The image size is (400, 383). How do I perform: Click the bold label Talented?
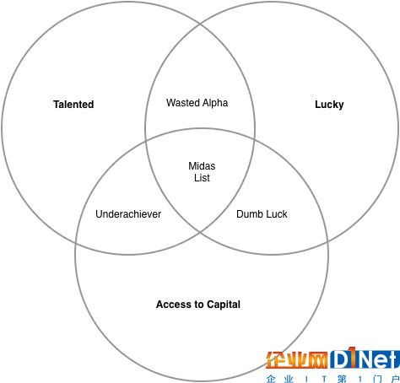pyautogui.click(x=73, y=105)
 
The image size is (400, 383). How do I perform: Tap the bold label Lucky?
pyautogui.click(x=329, y=105)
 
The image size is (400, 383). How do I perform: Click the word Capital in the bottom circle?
pyautogui.click(x=224, y=305)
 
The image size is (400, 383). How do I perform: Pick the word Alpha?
pyautogui.click(x=215, y=103)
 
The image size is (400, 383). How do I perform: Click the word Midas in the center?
pyautogui.click(x=202, y=166)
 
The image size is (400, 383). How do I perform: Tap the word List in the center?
pyautogui.click(x=202, y=178)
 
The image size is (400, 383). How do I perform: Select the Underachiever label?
pyautogui.click(x=128, y=214)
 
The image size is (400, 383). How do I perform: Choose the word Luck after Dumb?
pyautogui.click(x=277, y=214)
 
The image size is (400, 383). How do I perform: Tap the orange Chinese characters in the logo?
pyautogui.click(x=297, y=360)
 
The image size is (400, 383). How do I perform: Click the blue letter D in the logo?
pyautogui.click(x=340, y=359)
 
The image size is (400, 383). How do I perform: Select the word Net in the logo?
pyautogui.click(x=380, y=359)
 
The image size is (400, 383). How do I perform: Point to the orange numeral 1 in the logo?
pyautogui.click(x=353, y=357)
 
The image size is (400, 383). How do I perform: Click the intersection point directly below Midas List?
pyautogui.click(x=200, y=233)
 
